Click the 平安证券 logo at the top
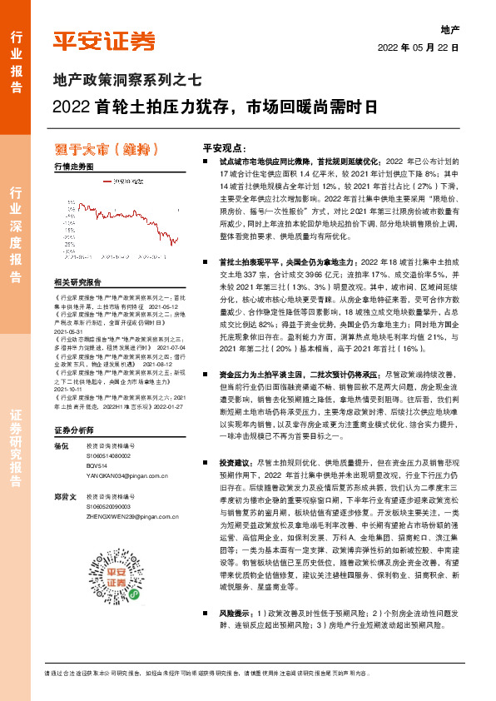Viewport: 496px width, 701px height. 104,41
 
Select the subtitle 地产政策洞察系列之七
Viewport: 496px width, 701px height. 127,82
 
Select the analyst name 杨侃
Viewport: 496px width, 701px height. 59,446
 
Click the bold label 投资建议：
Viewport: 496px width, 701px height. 237,461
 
